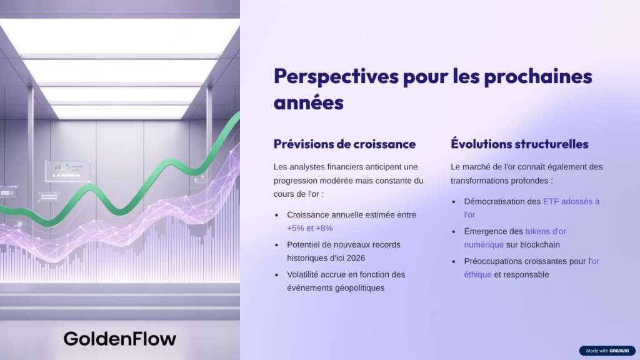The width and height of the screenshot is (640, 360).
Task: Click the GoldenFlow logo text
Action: pos(120,339)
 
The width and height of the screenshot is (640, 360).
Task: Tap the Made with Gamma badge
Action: pos(607,351)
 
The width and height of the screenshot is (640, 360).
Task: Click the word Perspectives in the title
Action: pos(336,77)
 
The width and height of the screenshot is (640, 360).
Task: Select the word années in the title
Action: pos(309,102)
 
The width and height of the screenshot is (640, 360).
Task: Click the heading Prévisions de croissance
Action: pos(344,144)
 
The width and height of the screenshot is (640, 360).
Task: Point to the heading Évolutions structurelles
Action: pos(519,144)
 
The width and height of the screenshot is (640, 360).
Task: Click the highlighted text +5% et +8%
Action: pos(310,228)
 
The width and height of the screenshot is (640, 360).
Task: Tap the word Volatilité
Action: pos(302,274)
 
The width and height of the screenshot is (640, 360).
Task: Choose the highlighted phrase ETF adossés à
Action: pos(571,201)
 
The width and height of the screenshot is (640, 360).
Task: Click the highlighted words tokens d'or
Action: pos(546,231)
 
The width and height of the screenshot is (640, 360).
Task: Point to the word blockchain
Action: pos(540,244)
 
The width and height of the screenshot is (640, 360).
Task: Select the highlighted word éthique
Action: pos(477,275)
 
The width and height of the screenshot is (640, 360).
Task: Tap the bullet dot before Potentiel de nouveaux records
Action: pos(277,245)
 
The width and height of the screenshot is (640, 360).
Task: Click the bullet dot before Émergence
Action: pos(454,232)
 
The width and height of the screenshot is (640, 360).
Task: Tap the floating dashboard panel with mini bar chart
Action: pos(67,171)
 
